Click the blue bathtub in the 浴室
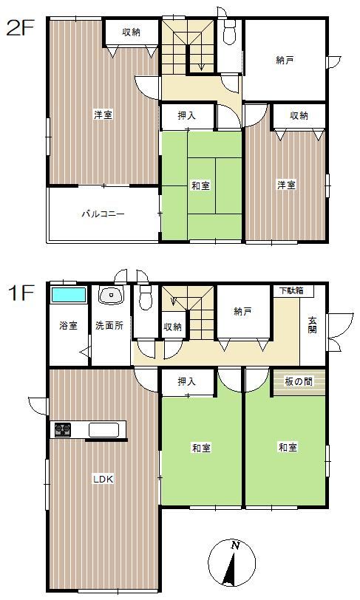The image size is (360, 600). coord(69,295)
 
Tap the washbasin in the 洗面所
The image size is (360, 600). coord(112,295)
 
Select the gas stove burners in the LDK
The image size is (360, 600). coord(62,429)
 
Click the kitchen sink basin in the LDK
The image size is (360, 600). coord(104,429)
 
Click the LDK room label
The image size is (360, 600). coord(103,479)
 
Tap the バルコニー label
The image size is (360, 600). coord(103,214)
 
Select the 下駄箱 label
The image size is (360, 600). coord(291,290)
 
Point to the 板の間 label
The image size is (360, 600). coord(299,381)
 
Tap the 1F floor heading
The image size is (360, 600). coord(21,294)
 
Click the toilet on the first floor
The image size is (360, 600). coord(146,297)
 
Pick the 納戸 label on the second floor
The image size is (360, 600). coord(285,60)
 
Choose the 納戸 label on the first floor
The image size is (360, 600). coord(242,312)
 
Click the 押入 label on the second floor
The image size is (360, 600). coord(187,115)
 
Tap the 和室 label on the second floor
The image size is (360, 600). coord(200,185)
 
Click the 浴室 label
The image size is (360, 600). coord(69,326)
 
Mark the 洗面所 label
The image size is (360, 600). coord(109,326)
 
